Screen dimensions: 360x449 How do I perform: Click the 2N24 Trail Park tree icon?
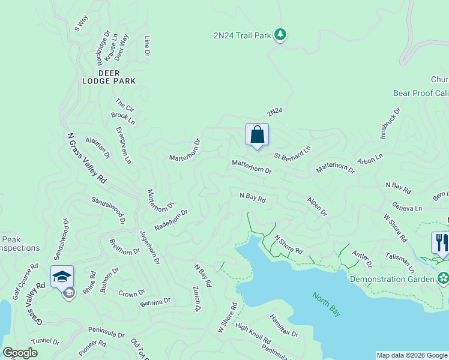pos(280,35)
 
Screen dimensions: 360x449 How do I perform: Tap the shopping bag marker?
pos(257,135)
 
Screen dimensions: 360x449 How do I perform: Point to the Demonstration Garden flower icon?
pos(443,278)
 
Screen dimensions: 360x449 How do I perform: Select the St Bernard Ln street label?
pos(293,152)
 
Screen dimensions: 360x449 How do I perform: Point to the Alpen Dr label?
pos(317,206)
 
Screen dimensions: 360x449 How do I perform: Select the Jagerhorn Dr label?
pos(149,247)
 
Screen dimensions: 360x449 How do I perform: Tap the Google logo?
pos(20,353)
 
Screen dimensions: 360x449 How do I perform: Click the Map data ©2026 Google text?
pos(411,355)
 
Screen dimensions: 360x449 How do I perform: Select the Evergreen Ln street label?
pos(123,145)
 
